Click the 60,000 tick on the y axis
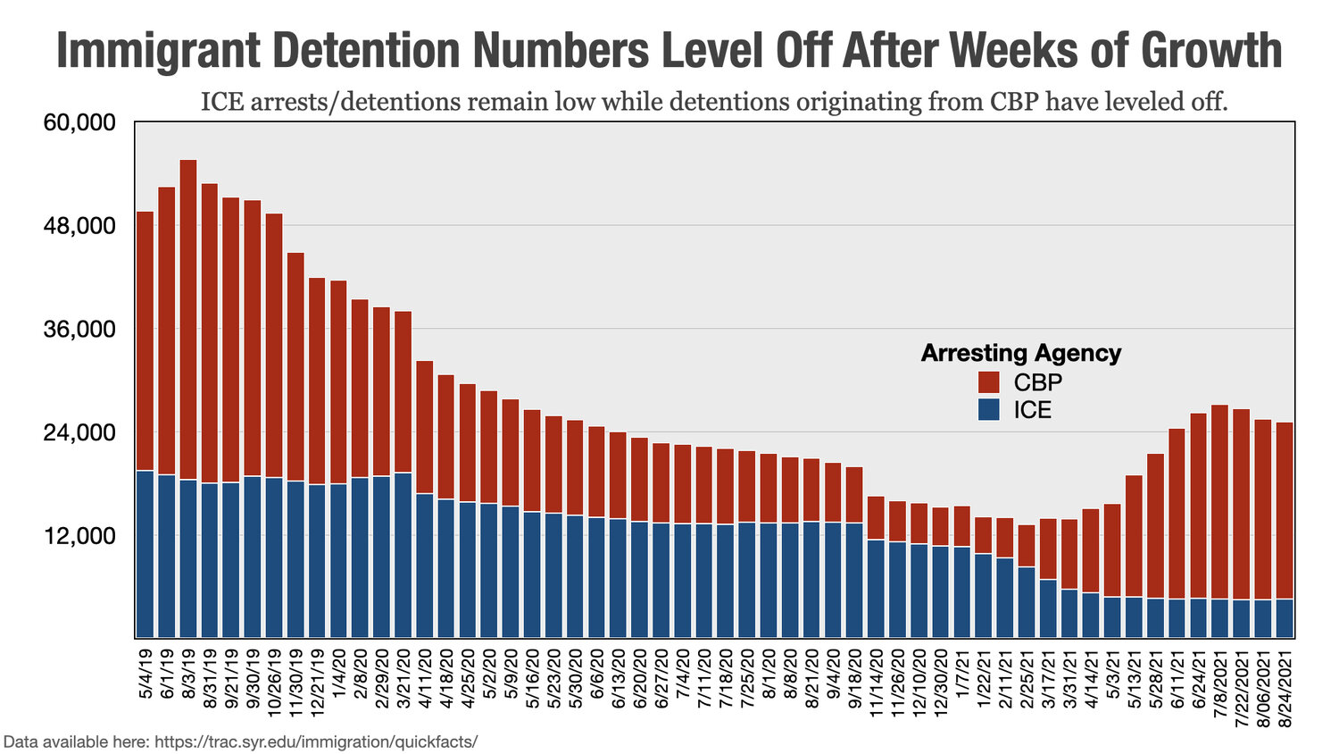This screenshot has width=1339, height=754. coord(79,122)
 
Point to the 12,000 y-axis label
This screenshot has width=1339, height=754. coord(79,536)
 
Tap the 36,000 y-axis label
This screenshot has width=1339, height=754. coord(79,330)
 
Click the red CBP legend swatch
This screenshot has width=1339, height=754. coord(988,382)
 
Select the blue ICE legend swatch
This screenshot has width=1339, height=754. coord(988,410)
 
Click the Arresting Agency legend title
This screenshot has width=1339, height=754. coord(1020,353)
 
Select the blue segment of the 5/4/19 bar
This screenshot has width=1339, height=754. coord(145,554)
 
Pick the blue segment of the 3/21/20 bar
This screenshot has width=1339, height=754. coord(403,555)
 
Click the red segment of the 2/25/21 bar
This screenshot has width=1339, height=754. coord(1026,546)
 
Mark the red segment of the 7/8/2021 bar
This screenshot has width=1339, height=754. coord(1219,501)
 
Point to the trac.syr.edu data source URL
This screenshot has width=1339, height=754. coord(316,741)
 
